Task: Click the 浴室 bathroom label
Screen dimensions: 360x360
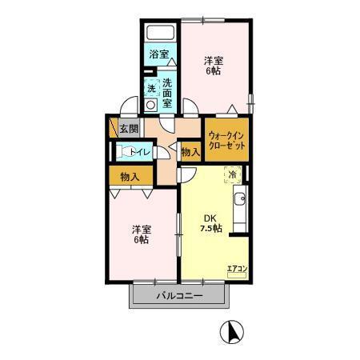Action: (x=158, y=54)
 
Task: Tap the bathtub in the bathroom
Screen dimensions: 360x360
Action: (x=160, y=34)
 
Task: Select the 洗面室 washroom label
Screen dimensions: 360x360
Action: (x=168, y=93)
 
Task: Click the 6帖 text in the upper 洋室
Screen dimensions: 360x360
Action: (x=212, y=71)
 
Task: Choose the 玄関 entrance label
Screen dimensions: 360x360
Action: (x=129, y=127)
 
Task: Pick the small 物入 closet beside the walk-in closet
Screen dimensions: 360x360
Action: (x=190, y=151)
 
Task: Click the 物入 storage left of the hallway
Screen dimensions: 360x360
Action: (x=130, y=176)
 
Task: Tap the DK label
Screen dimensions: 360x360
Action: (x=209, y=218)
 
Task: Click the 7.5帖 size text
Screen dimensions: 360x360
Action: (x=210, y=229)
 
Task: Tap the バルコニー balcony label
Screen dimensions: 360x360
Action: (x=179, y=296)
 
